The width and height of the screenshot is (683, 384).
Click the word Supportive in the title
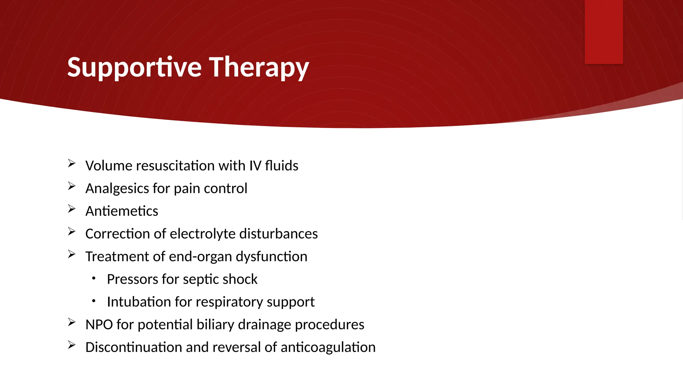tap(134, 68)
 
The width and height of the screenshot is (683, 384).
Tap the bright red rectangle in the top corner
tap(604, 32)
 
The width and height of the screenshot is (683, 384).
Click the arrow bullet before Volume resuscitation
tap(72, 163)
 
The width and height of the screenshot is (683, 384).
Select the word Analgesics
tap(117, 189)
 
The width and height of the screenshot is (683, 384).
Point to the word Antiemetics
tap(122, 211)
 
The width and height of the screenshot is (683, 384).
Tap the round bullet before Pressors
tap(94, 278)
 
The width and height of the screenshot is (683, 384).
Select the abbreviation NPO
tap(99, 325)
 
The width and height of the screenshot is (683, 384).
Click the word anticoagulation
tap(328, 347)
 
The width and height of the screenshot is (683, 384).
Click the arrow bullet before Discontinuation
tap(72, 345)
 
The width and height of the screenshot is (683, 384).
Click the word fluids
tap(281, 166)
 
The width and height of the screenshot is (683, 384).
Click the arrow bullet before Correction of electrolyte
tap(72, 231)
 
